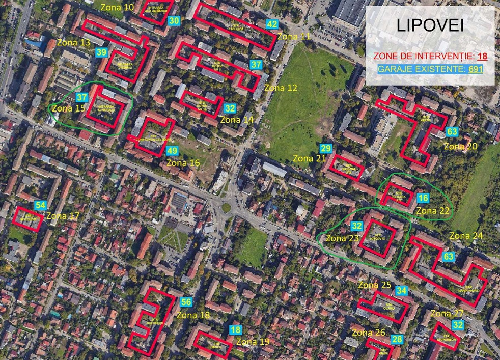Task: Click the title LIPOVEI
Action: coord(430,26)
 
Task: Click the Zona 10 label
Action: coord(118,7)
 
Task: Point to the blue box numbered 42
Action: coord(272,24)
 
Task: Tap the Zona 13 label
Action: coord(74,42)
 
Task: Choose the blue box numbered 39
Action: coord(101,52)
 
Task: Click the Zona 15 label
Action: coord(69,108)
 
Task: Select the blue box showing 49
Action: coord(172,151)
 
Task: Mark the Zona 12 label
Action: coord(281,88)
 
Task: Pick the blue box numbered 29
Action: coord(326,148)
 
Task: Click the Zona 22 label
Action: coord(433,211)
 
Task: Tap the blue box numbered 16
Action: coord(423,198)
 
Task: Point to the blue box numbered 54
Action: coord(40,205)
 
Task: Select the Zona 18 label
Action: coord(193,315)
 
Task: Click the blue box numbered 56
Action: coord(186,302)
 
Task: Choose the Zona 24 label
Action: coord(466,236)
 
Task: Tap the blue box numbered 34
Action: coord(402,291)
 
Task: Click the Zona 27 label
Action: coord(447,313)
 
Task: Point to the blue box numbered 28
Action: coord(397,339)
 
